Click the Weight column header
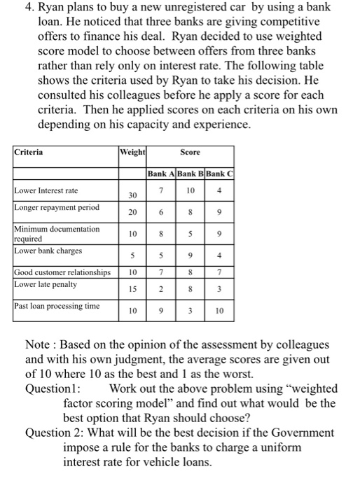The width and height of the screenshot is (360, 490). [x=132, y=151]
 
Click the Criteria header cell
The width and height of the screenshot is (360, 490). [x=28, y=151]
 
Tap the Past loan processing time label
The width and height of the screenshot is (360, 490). [x=57, y=306]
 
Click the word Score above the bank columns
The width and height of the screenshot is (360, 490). [x=190, y=151]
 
